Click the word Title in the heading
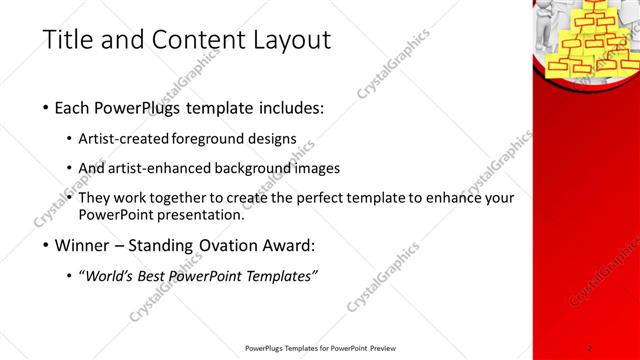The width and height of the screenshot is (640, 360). (x=68, y=41)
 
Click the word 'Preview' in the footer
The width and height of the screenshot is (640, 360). (x=391, y=348)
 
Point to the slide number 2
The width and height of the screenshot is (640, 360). (x=591, y=347)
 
